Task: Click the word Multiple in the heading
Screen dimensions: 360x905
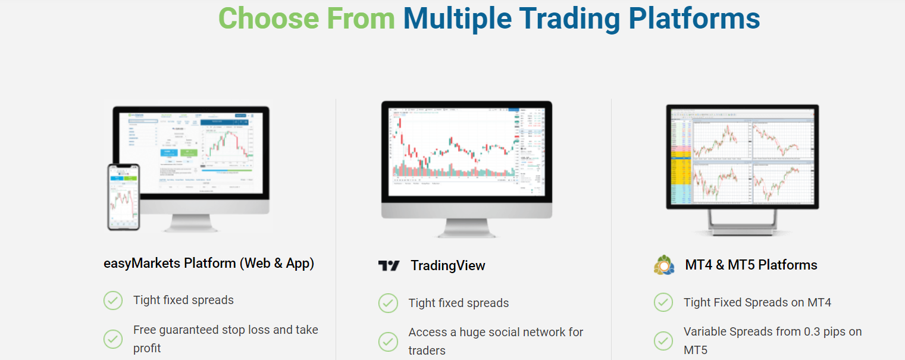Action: [457, 18]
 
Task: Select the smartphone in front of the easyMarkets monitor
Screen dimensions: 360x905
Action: [123, 197]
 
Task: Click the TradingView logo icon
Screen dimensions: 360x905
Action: [389, 266]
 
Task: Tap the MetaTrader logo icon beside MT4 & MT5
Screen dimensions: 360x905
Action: [664, 265]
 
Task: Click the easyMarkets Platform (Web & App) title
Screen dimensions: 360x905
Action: [209, 263]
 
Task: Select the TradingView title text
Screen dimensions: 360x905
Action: [447, 266]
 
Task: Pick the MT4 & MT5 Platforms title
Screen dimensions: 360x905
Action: [751, 265]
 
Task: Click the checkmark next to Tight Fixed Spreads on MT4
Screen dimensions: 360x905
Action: [663, 302]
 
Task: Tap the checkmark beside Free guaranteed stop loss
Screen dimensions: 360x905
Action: [113, 339]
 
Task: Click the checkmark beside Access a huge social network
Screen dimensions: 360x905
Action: [388, 341]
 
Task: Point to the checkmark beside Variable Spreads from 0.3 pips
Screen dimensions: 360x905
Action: [663, 340]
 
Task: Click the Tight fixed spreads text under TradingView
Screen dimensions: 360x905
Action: [458, 303]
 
